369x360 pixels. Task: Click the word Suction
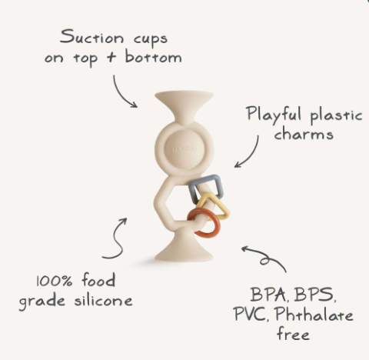click(91, 37)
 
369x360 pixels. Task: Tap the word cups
click(151, 39)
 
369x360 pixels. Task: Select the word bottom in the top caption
click(153, 56)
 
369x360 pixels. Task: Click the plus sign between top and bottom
click(111, 57)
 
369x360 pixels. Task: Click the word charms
click(304, 133)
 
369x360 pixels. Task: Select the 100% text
click(54, 281)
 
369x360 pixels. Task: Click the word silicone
click(103, 300)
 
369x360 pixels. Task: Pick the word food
click(98, 279)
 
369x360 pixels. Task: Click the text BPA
click(268, 294)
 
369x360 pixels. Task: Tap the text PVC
click(250, 314)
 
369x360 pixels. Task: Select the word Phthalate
click(314, 314)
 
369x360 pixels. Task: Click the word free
click(293, 333)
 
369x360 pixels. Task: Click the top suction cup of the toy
click(184, 102)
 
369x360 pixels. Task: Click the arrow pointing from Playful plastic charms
click(252, 156)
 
